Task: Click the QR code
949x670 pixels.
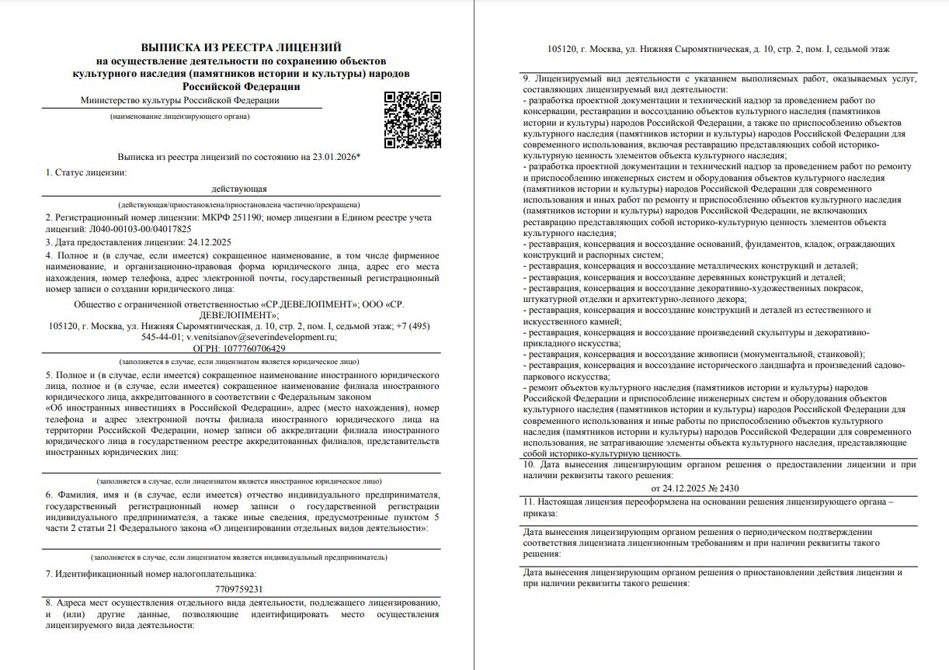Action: coord(413,120)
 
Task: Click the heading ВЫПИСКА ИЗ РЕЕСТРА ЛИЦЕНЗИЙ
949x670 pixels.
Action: coord(241,47)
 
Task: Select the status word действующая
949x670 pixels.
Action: coord(239,188)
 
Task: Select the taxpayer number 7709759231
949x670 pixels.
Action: coord(239,588)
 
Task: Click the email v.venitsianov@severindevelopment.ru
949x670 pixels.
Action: coord(261,338)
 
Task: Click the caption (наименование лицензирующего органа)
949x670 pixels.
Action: coord(179,116)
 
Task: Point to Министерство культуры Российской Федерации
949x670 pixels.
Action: coord(179,100)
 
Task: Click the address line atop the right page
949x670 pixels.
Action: coord(718,49)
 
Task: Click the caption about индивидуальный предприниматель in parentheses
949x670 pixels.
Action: coord(239,557)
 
